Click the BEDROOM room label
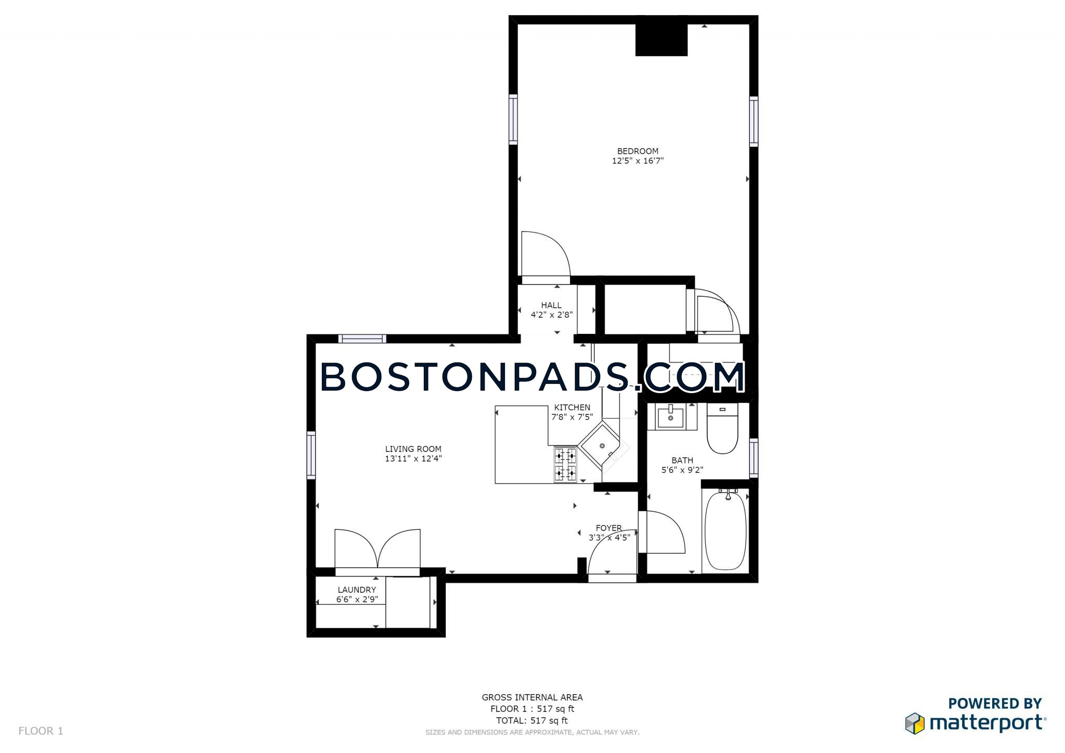638,151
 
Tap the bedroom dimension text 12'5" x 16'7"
638,161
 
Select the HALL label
551,305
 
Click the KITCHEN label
572,407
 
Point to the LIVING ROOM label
413,449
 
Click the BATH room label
682,460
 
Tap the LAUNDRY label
357,590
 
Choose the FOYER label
608,528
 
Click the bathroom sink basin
671,418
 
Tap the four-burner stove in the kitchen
565,465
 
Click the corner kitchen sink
602,446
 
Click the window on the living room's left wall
311,455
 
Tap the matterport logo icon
915,723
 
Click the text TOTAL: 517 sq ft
532,720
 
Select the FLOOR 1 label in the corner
41,731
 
